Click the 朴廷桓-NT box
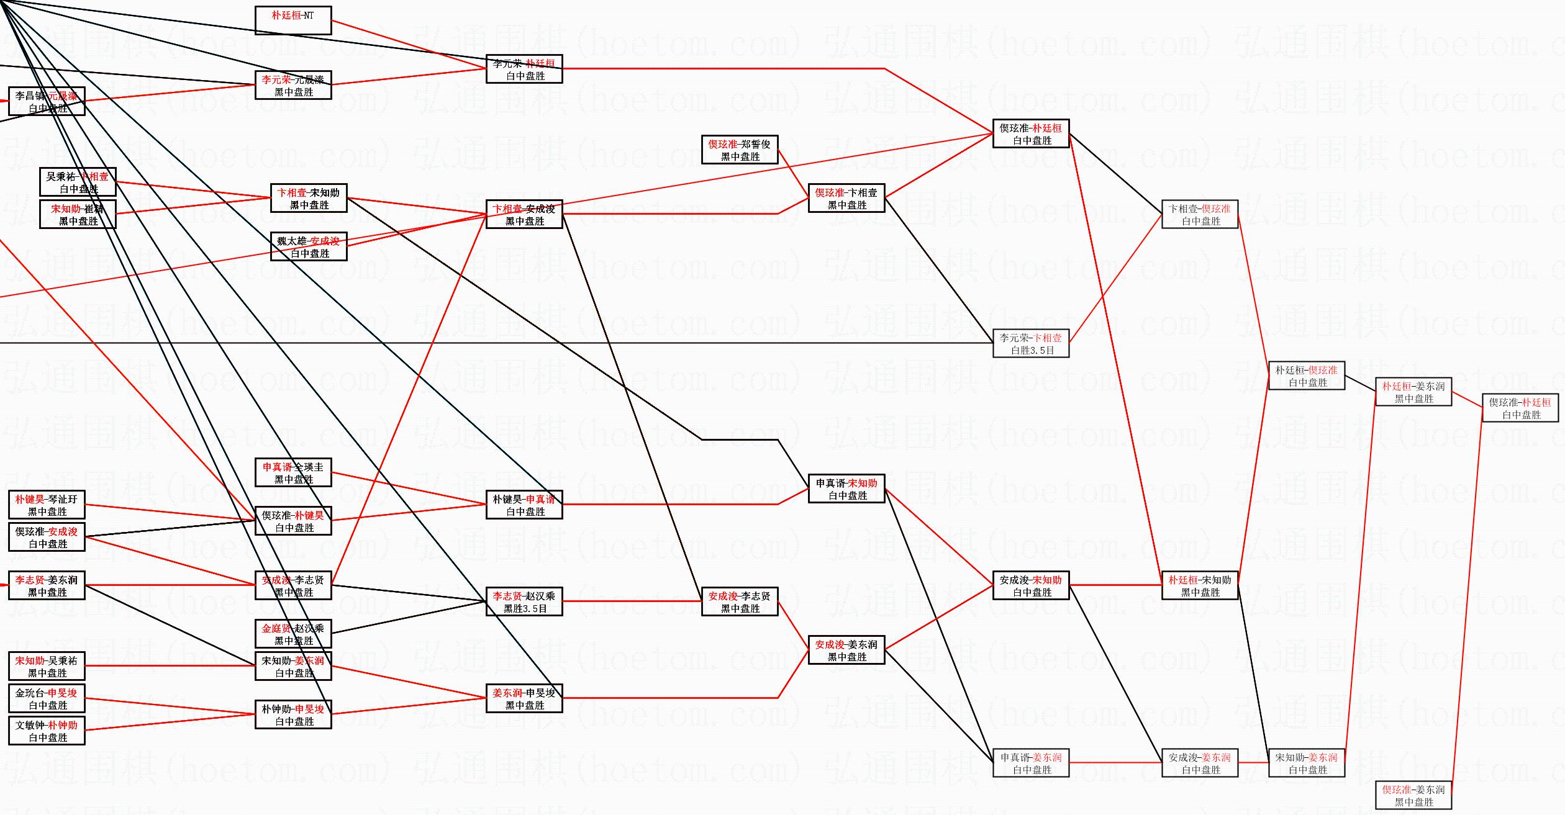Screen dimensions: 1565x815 coord(293,20)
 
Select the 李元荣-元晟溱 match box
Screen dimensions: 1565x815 coord(293,85)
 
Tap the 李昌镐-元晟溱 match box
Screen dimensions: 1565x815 coord(47,101)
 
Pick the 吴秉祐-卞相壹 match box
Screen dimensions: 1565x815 coord(78,182)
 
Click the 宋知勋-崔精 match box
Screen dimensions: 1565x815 coord(78,214)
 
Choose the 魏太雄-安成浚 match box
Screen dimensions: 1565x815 coord(309,246)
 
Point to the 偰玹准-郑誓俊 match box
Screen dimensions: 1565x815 coord(739,150)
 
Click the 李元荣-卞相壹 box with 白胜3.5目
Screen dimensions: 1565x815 coord(1031,343)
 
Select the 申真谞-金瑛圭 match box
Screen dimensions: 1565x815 coord(293,472)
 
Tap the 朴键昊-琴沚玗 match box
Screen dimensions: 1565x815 coord(47,505)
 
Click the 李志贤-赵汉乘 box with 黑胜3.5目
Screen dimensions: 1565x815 coord(524,601)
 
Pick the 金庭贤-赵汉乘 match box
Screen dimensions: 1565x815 coord(293,634)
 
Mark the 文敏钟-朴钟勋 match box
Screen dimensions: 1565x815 coord(47,731)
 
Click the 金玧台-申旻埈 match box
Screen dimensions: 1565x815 coord(47,698)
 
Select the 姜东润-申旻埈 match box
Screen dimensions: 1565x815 coord(524,698)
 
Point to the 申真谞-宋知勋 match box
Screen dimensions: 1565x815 coord(846,489)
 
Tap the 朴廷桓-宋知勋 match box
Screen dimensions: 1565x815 coord(1200,585)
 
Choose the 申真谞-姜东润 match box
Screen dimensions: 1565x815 coord(1031,763)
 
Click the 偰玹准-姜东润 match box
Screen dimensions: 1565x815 coord(1413,795)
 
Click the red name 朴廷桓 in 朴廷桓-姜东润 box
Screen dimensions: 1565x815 coord(1397,386)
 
